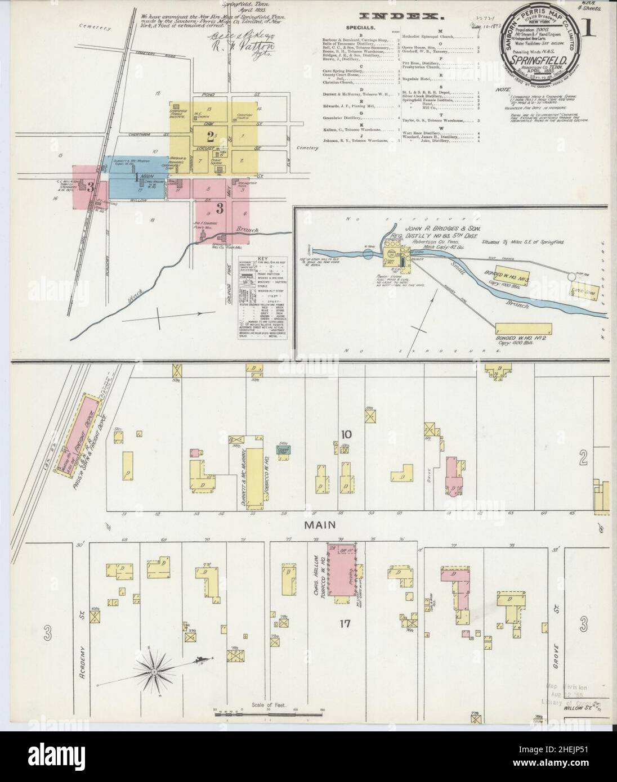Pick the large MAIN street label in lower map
[x=321, y=524]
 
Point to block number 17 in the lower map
[x=345, y=623]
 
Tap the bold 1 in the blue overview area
[x=136, y=177]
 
